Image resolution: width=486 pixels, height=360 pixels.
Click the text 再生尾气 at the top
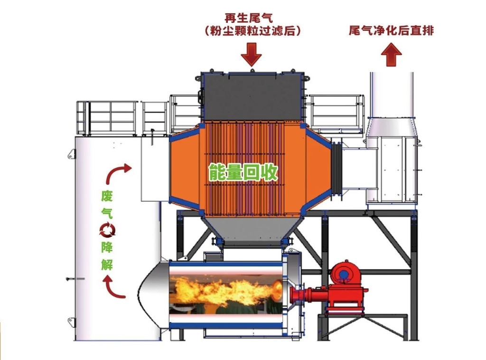click(249, 18)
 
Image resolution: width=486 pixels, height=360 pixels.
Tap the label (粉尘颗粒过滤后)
click(253, 31)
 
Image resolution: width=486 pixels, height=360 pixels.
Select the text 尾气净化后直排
click(391, 30)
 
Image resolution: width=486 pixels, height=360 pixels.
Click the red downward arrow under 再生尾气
click(252, 55)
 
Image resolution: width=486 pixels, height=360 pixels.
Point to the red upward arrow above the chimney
click(391, 55)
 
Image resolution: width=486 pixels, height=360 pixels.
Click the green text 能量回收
click(243, 172)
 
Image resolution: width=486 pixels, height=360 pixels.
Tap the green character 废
click(107, 196)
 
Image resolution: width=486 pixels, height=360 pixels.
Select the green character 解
click(107, 265)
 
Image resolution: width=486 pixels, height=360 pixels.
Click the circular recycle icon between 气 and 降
click(107, 230)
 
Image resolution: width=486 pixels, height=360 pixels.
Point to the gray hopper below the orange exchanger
click(252, 229)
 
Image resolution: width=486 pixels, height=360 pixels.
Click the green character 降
click(107, 247)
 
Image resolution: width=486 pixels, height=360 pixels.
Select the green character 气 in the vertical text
click(107, 213)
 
